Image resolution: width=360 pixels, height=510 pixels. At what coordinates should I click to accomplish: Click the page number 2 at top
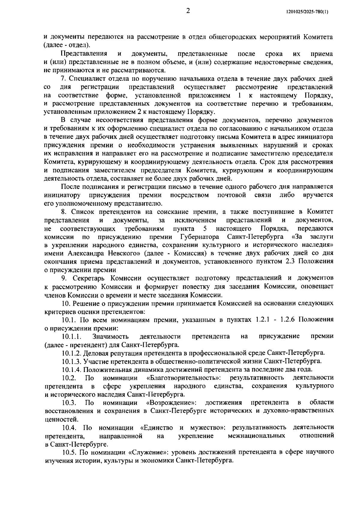click(x=188, y=11)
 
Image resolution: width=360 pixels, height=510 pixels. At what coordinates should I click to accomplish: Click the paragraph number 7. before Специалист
click(x=63, y=79)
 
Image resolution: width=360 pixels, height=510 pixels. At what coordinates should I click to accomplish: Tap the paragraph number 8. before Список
click(x=63, y=212)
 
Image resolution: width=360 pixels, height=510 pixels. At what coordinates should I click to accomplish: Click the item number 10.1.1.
click(x=72, y=336)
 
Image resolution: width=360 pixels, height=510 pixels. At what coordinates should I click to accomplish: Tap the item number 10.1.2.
click(x=72, y=352)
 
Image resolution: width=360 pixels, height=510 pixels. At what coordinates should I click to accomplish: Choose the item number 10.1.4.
click(x=72, y=369)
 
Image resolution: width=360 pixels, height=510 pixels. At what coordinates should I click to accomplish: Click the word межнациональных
click(x=256, y=436)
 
